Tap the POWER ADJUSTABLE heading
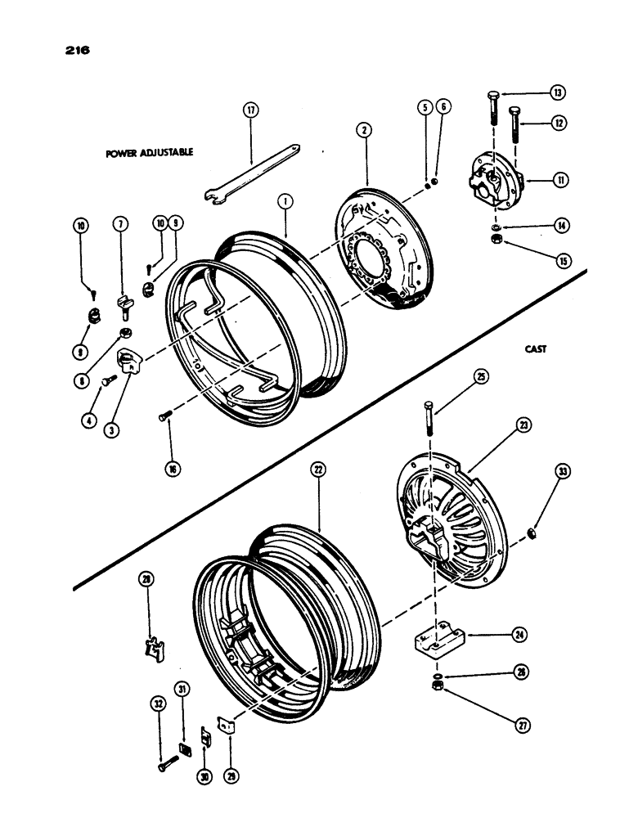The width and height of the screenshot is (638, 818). tap(149, 154)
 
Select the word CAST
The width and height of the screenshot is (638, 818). tap(537, 348)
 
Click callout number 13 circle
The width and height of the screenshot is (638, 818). tap(559, 92)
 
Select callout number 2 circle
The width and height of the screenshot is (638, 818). tap(363, 129)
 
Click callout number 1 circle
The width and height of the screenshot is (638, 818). tap(284, 200)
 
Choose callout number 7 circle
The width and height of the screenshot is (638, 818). tap(120, 225)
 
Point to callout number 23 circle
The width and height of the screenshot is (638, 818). tap(523, 425)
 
